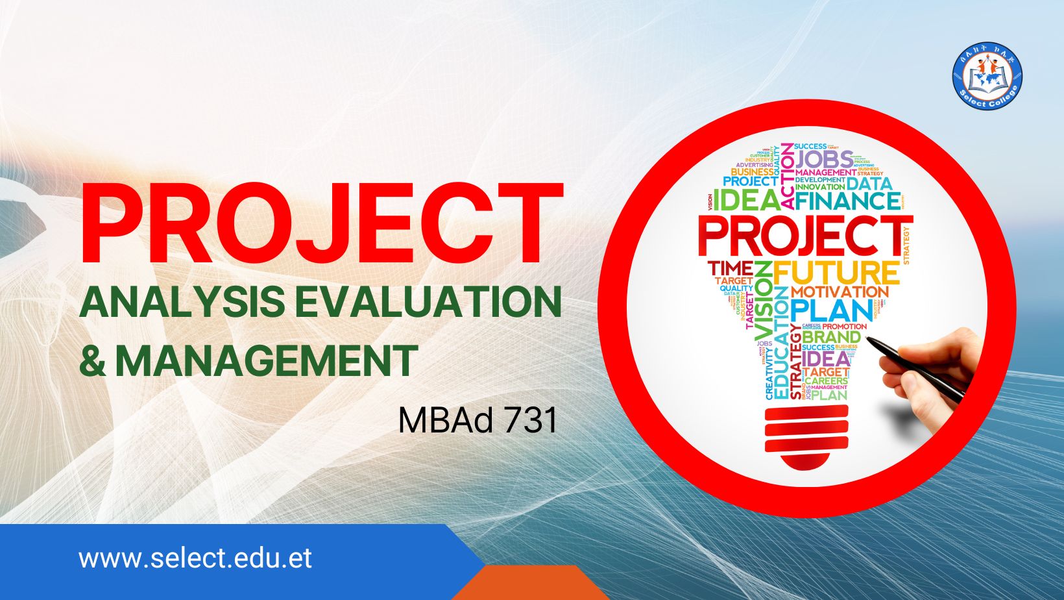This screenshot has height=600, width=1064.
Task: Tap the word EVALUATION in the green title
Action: pos(428,302)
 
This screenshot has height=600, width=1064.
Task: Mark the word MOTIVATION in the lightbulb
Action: pos(839,292)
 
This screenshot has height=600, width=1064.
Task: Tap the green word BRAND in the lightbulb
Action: pos(831,338)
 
